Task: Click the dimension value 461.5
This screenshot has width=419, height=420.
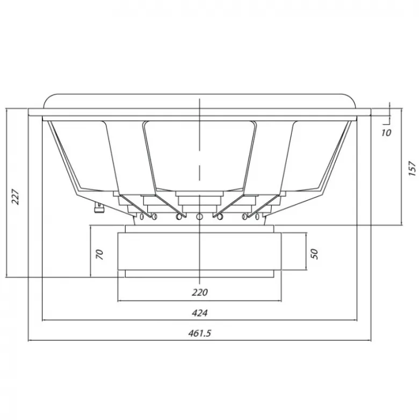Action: pos(200,333)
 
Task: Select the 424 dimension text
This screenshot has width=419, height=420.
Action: pos(200,312)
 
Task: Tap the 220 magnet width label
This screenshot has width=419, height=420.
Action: pos(200,292)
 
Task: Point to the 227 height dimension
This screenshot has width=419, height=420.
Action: pos(16,197)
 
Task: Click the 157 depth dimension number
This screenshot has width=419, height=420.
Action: pos(413,168)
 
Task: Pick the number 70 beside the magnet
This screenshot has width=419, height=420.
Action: pos(99,254)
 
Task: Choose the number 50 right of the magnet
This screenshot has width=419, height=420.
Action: pos(315,254)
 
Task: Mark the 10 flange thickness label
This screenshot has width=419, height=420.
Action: pos(386,133)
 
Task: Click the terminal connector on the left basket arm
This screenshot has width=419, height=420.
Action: pos(98,207)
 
